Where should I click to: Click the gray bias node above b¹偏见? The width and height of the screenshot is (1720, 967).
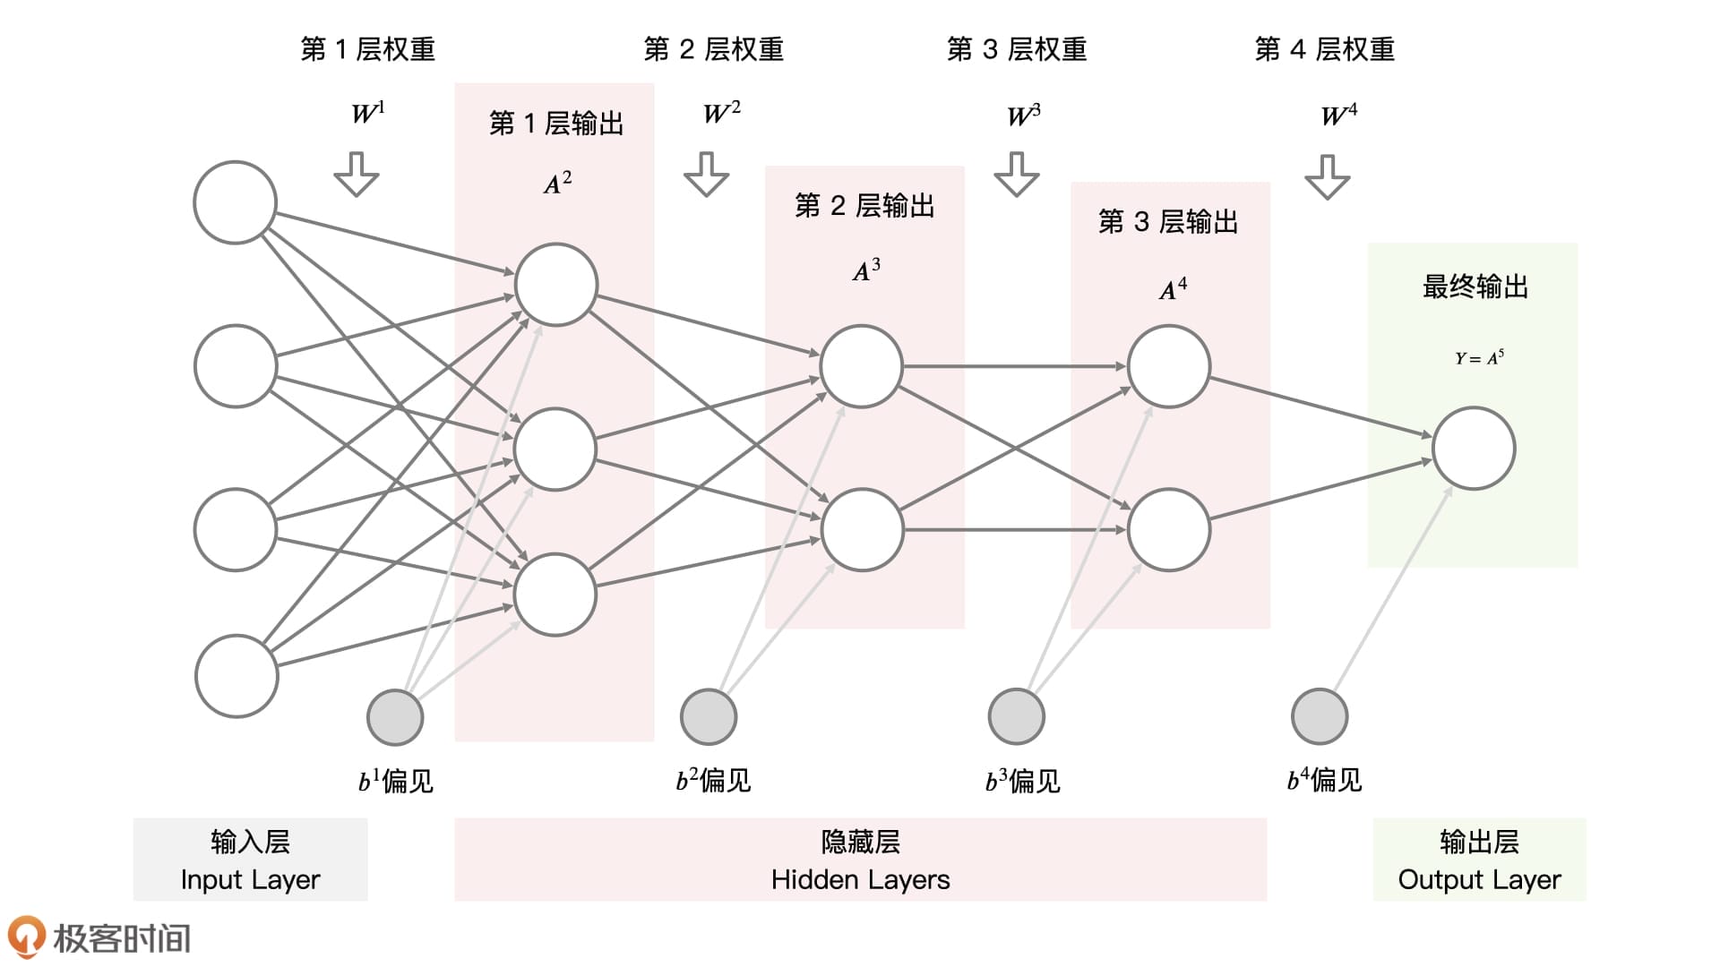[x=395, y=717]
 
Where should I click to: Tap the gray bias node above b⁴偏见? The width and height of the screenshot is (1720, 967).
[x=1320, y=716]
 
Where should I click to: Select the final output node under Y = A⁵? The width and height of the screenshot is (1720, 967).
[x=1474, y=449]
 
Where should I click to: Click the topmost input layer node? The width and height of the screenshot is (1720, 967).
[x=236, y=202]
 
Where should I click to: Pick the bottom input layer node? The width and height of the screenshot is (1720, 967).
[x=236, y=676]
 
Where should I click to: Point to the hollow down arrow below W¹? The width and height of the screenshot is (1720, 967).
[x=357, y=174]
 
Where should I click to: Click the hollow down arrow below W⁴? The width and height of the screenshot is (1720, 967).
[x=1327, y=176]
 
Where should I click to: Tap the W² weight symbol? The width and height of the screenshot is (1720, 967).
[x=721, y=113]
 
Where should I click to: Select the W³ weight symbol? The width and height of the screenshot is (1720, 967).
[x=1023, y=116]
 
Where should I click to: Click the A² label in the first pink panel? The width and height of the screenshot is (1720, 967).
[x=557, y=184]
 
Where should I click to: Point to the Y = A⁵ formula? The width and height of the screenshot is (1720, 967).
[x=1479, y=358]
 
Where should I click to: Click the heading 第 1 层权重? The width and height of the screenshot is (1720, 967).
[x=368, y=49]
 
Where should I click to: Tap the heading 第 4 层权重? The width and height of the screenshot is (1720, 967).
[x=1325, y=49]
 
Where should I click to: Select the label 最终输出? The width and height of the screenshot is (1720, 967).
[x=1475, y=287]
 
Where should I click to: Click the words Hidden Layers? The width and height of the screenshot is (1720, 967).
[x=860, y=880]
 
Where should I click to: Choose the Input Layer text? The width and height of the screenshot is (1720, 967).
[x=250, y=880]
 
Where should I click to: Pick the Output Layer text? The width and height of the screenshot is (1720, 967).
[x=1479, y=880]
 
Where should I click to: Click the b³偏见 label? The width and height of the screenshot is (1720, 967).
[x=1022, y=782]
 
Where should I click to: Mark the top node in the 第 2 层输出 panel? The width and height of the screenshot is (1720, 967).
[x=861, y=366]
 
